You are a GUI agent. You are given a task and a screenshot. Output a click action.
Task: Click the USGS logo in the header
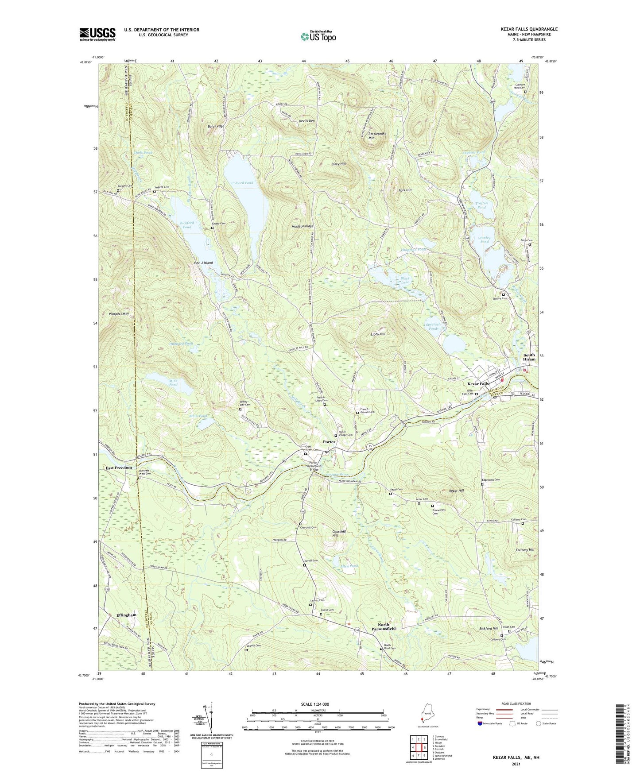pos(97,34)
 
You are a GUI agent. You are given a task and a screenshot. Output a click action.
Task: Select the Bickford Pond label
pos(186,224)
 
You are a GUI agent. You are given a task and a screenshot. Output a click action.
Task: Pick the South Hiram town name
pos(529,357)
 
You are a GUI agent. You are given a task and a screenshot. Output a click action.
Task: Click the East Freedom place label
pos(118,468)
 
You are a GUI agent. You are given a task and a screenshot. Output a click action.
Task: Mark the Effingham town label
pos(126,615)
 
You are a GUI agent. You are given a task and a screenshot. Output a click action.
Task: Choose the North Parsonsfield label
pos(384,626)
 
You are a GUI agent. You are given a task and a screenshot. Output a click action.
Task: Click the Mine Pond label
pos(173,383)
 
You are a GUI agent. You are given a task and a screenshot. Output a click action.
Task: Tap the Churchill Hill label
pos(339,533)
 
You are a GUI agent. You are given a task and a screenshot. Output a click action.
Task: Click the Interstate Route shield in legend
pos(480,723)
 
